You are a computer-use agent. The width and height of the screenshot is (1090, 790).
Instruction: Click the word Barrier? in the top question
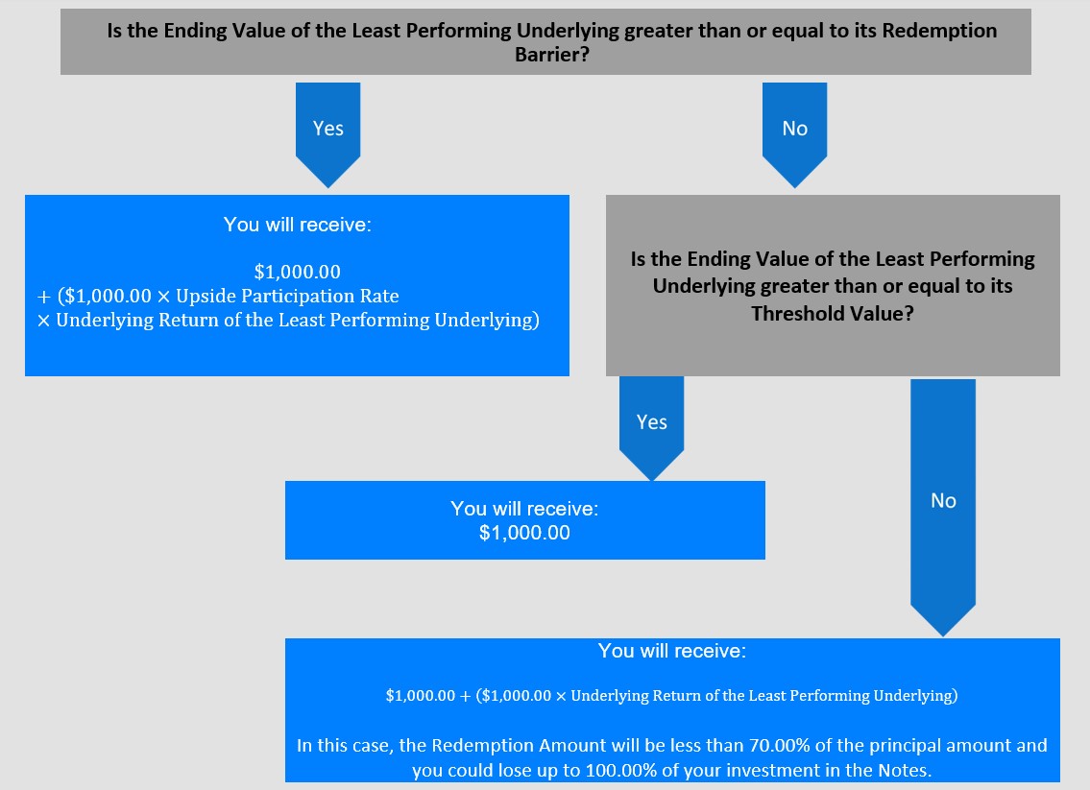tap(552, 54)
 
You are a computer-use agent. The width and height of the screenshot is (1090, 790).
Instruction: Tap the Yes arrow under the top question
tap(328, 134)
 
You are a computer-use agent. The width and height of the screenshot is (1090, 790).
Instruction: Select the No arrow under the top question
tap(794, 134)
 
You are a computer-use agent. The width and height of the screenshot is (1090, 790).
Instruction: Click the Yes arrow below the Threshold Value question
tap(651, 428)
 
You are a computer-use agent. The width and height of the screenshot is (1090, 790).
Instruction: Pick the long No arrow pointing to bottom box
tap(943, 507)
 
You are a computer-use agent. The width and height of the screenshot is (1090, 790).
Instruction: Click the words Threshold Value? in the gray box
tap(832, 313)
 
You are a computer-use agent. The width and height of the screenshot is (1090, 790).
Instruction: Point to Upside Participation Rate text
tap(287, 296)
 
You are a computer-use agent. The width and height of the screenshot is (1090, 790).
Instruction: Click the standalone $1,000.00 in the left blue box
tap(298, 272)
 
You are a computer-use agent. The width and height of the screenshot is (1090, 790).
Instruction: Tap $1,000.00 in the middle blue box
tap(524, 533)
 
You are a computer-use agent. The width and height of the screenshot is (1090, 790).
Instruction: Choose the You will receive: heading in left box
tap(298, 225)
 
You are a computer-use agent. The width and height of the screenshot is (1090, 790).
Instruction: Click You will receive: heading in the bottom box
tap(672, 651)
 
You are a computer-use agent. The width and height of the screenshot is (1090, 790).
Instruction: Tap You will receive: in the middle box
tap(524, 509)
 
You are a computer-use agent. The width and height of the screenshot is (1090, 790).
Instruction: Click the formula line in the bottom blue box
tap(671, 696)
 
